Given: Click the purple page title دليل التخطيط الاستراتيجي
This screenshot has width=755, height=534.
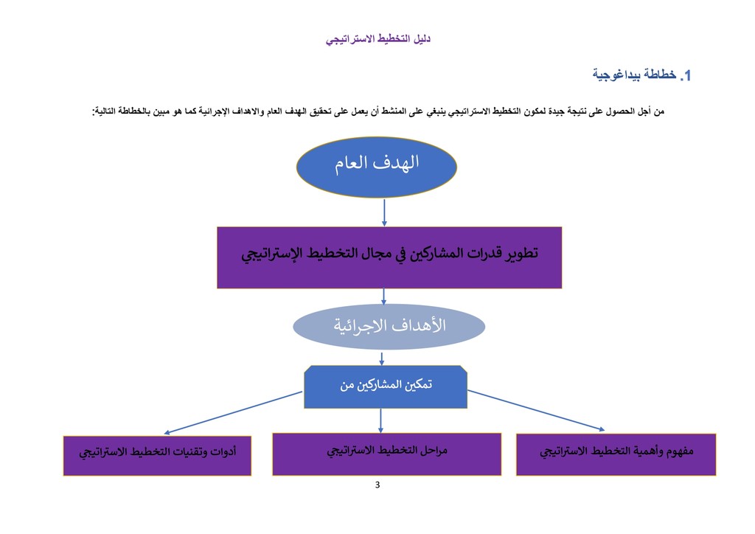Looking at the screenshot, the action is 378,39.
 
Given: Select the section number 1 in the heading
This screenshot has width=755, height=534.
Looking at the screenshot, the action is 687,75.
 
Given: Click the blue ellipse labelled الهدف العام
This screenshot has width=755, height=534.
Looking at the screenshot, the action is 377,167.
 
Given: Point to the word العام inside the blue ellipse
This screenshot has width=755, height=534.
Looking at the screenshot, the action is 352,163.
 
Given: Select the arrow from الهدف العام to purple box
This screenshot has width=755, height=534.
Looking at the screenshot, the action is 384,212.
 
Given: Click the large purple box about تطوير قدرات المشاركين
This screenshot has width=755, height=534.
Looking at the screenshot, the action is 389,257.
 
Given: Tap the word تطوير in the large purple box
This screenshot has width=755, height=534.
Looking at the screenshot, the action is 522,253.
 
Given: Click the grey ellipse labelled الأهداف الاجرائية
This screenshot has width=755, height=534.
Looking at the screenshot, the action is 389,327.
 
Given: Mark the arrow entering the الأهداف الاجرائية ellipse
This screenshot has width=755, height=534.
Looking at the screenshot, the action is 383,297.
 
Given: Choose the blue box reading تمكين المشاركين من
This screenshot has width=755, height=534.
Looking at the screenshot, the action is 386,386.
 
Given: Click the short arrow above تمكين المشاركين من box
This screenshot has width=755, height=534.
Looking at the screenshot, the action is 382,358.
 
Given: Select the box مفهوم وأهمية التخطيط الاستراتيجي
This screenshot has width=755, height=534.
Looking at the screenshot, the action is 616,454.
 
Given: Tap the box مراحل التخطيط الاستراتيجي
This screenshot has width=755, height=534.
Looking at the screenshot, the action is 386,454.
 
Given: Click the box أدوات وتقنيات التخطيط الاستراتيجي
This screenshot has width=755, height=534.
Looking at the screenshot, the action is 157,456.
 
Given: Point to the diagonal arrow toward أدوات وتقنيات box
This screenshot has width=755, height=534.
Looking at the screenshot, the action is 233,412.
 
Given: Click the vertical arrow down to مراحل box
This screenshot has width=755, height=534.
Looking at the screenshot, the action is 381,421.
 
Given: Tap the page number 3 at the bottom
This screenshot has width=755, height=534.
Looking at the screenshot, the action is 377,485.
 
